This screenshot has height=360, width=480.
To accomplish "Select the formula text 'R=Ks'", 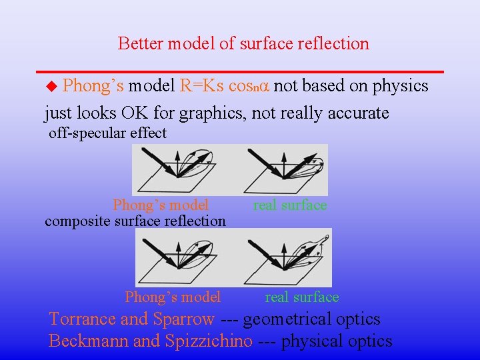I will (x=202, y=86).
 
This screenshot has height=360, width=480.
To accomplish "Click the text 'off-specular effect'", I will (x=107, y=133).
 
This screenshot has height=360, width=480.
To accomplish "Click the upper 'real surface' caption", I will (x=290, y=205).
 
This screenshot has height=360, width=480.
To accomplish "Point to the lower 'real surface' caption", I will (x=302, y=297).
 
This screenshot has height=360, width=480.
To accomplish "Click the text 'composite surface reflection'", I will (x=135, y=221).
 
